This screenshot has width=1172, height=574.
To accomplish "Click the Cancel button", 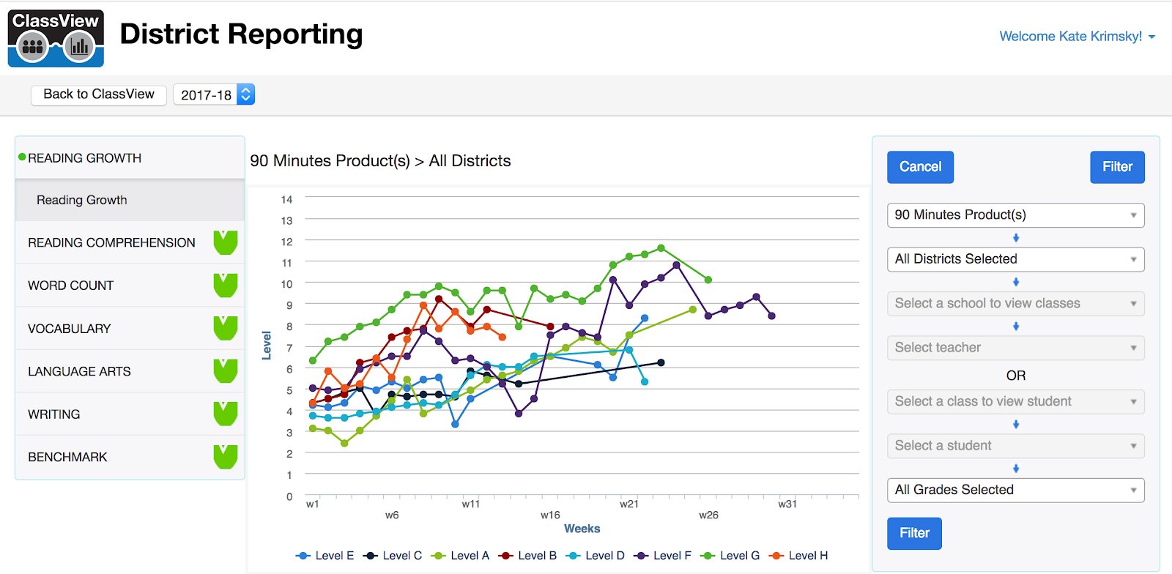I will [x=920, y=167].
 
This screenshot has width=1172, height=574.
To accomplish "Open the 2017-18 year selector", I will [x=214, y=94].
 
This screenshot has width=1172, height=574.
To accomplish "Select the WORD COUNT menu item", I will [x=71, y=286].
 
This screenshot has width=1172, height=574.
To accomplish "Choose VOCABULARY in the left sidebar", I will [x=70, y=329].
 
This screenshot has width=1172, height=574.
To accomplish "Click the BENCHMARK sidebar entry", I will [x=67, y=457].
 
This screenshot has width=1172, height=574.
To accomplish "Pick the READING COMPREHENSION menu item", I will [x=111, y=242].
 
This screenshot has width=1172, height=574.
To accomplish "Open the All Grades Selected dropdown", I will [x=1015, y=490].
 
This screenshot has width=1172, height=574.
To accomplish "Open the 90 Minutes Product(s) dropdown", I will [x=1015, y=215].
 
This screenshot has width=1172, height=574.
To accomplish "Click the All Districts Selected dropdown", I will [x=1015, y=259].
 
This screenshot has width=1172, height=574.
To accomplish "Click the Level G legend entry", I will [x=731, y=556].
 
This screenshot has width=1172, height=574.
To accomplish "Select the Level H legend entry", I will [x=799, y=556].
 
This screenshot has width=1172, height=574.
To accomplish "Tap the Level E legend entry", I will [x=326, y=556].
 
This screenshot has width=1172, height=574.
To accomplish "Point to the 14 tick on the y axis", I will [x=286, y=199].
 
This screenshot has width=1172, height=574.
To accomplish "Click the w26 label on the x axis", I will [x=708, y=515].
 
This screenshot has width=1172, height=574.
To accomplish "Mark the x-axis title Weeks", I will [x=582, y=529].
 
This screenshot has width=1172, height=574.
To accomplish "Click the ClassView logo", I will [x=56, y=38].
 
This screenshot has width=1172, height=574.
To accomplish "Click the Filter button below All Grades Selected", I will [x=914, y=533].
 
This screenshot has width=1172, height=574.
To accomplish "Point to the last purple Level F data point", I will [x=771, y=316].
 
